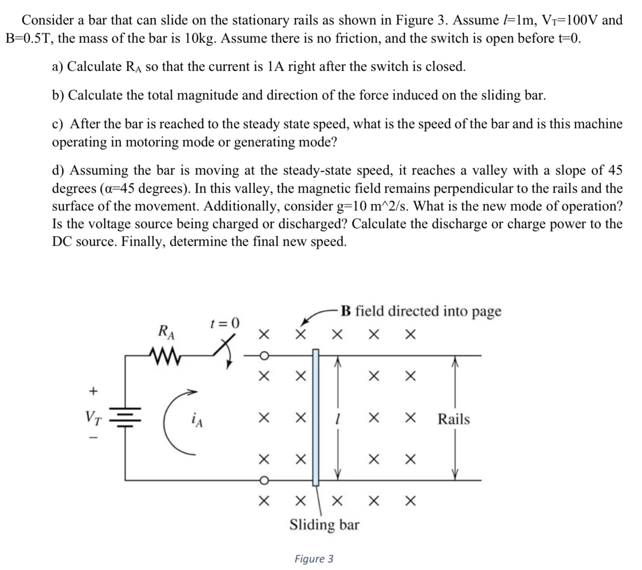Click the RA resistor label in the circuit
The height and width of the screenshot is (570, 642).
click(166, 331)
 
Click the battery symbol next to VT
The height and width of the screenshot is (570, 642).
click(125, 415)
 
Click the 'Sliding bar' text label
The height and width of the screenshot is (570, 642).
click(325, 525)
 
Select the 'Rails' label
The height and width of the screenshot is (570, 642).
click(454, 419)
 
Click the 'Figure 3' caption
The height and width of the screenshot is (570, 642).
click(314, 559)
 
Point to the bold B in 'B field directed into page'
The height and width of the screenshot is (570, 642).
click(347, 311)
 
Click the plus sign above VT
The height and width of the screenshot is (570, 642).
click(94, 391)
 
